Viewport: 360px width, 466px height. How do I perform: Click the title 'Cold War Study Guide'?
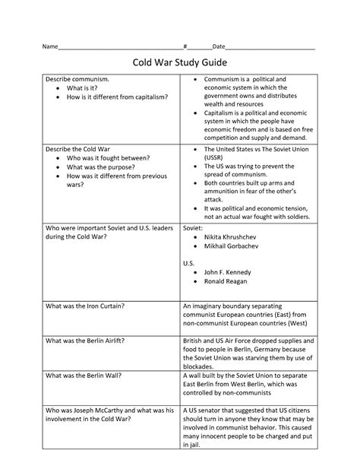tap(180, 62)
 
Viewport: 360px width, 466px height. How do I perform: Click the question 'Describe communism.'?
tap(77, 79)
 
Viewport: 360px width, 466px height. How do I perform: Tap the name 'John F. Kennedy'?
tap(227, 272)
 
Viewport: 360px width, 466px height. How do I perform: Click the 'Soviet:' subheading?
tap(194, 227)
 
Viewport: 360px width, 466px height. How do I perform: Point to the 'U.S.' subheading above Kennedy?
tap(190, 262)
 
